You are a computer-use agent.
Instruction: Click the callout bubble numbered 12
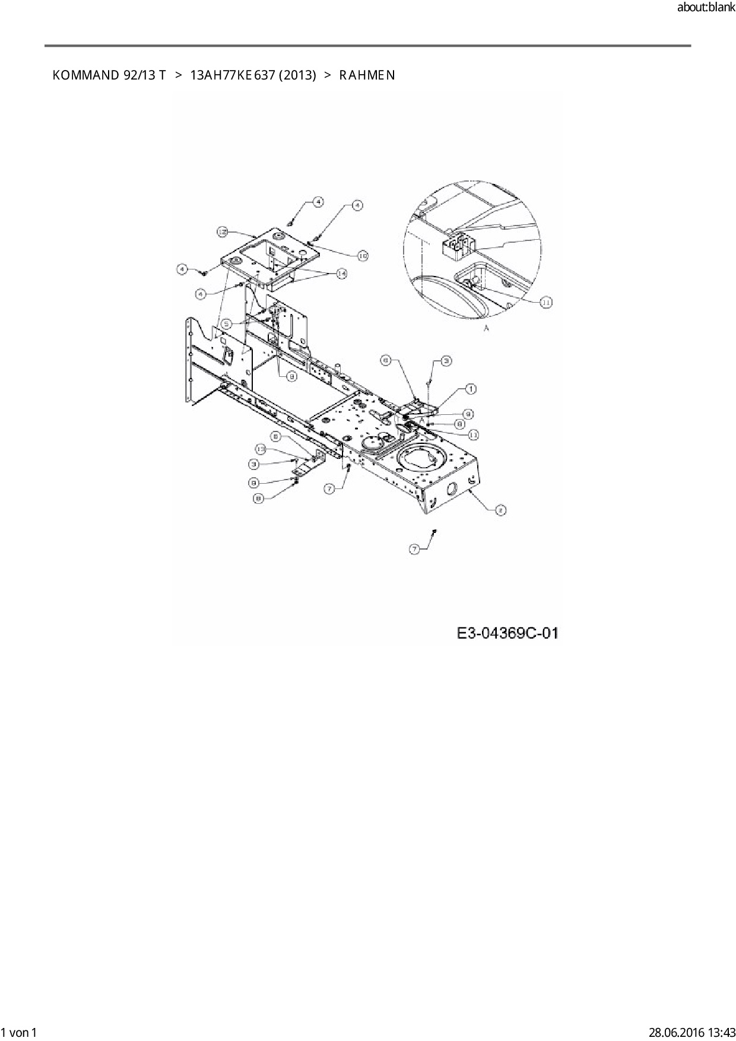(x=222, y=233)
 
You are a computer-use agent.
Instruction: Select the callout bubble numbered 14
(x=342, y=273)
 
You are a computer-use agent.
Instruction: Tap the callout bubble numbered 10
(x=362, y=255)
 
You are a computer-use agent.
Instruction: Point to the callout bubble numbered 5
(x=226, y=324)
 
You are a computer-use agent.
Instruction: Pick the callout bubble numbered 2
(x=500, y=509)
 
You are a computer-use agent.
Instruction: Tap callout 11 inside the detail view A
(x=546, y=302)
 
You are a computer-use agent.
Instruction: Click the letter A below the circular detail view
(x=487, y=328)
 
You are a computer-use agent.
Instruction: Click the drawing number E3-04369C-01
(x=507, y=633)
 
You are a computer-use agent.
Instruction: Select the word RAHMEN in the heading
(x=367, y=75)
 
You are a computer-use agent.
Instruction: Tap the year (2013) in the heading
(x=297, y=75)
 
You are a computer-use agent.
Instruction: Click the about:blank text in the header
(x=706, y=8)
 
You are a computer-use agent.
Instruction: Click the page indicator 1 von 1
(x=20, y=1032)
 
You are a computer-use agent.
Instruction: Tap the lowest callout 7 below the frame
(x=415, y=550)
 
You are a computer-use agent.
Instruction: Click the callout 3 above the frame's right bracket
(x=445, y=361)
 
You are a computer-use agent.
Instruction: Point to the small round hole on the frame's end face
(x=451, y=490)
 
